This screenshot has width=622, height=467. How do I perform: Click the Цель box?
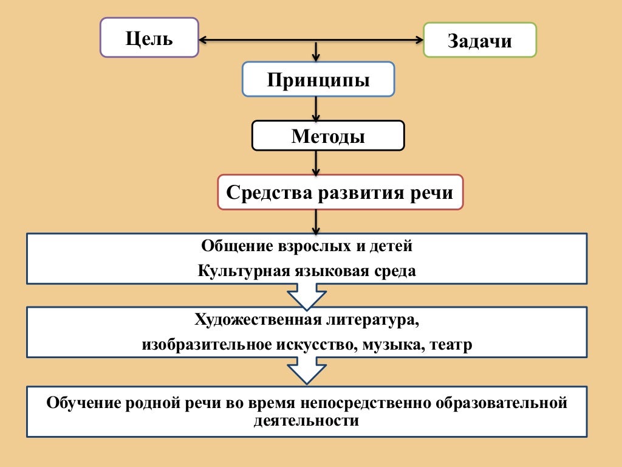[x=149, y=38]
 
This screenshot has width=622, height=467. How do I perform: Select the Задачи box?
[x=479, y=40]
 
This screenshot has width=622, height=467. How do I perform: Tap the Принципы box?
[x=318, y=79]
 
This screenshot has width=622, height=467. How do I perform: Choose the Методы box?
[x=328, y=136]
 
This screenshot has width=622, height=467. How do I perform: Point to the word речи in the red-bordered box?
[x=434, y=193]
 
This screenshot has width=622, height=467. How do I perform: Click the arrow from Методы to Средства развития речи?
[x=316, y=163]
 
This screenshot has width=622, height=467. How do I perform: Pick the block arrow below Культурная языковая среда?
[x=307, y=296]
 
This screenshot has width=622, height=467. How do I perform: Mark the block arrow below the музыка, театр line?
[x=307, y=370]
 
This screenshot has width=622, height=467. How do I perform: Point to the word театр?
[x=450, y=345]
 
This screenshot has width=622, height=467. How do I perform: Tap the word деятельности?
[x=306, y=420]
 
